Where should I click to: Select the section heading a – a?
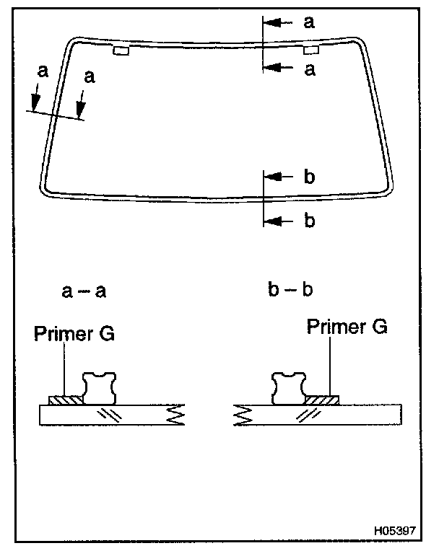(84, 291)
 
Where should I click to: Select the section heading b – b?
(289, 291)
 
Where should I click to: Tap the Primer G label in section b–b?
(347, 327)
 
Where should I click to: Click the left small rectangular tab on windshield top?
(121, 50)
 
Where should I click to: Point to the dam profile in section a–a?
(100, 388)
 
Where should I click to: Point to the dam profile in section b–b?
(288, 388)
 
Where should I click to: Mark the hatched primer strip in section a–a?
(66, 399)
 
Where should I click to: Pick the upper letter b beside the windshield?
(309, 177)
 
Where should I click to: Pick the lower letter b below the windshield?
(309, 221)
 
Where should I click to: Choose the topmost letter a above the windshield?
(309, 22)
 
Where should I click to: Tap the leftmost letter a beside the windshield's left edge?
(43, 71)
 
